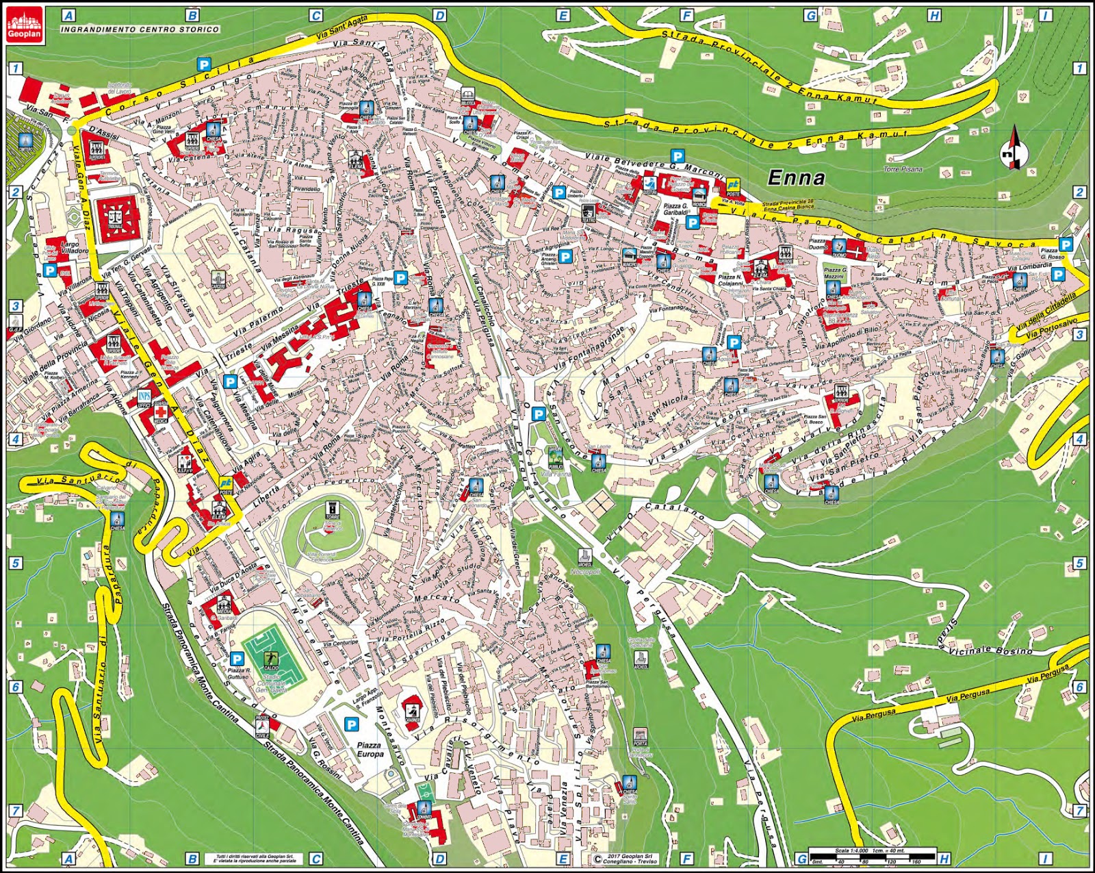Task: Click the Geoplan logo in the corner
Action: coord(25,24)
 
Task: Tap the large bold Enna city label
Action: coord(796,178)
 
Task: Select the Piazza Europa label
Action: coord(370,749)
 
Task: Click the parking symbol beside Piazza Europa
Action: coord(352,724)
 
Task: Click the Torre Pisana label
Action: coord(903,169)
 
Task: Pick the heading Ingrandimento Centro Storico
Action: coord(140,29)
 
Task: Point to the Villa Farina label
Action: coord(555,473)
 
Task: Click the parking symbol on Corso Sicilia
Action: coord(204,64)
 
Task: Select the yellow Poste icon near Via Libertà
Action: coord(226,484)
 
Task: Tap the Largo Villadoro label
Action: coord(75,247)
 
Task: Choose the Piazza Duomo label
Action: coord(817,244)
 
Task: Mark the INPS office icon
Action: coord(144,398)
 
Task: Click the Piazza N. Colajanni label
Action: coord(730,281)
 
